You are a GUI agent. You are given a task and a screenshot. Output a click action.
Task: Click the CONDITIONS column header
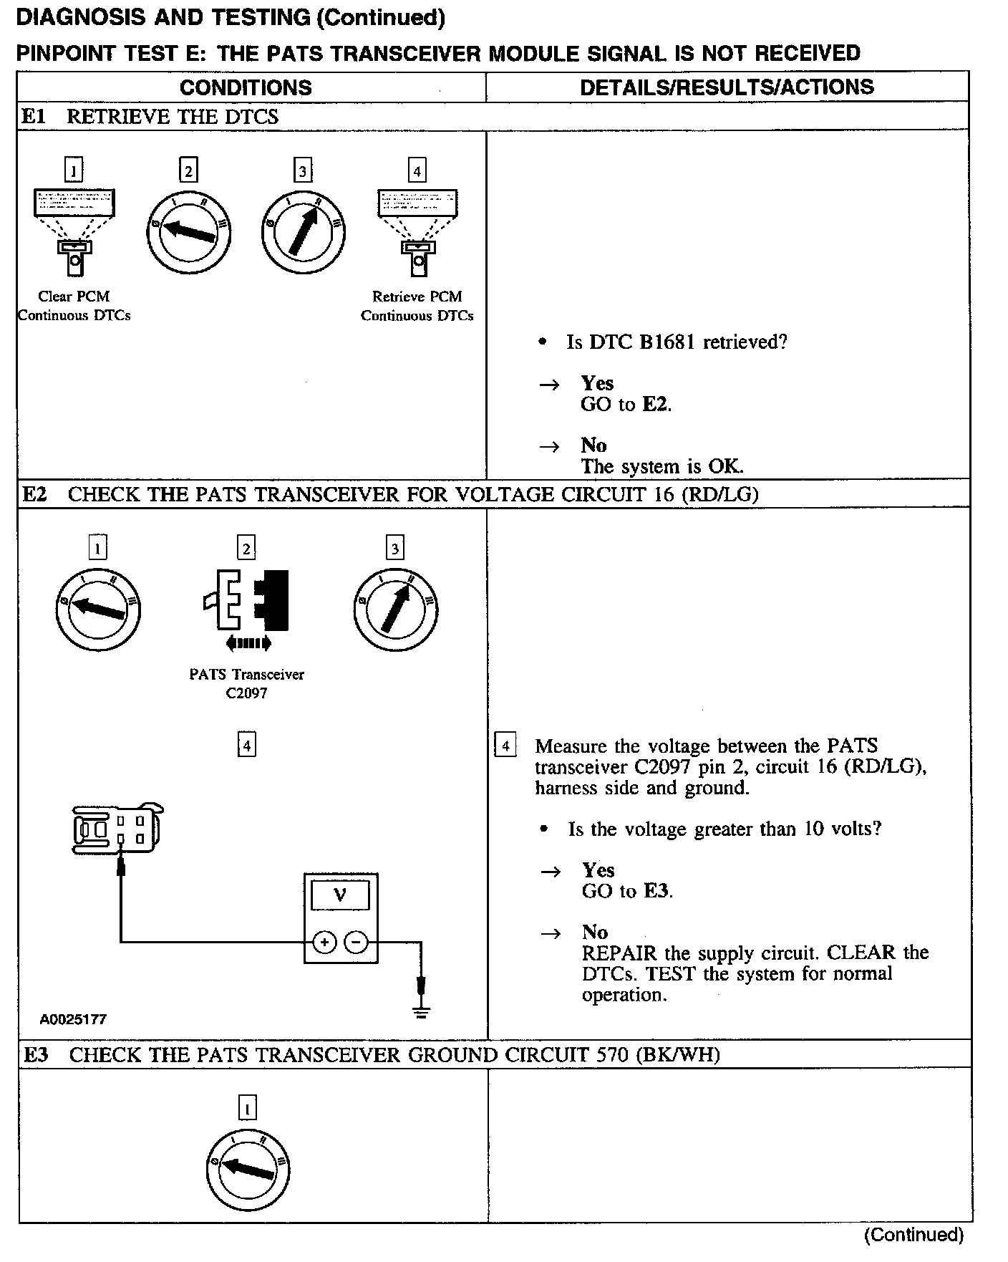pyautogui.click(x=246, y=87)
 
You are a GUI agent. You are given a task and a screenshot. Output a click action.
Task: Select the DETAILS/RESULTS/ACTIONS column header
pyautogui.click(x=727, y=87)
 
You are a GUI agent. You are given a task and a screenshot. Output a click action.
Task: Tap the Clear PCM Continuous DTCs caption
pyautogui.click(x=74, y=306)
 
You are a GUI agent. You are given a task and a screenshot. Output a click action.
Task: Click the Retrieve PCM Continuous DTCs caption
pyautogui.click(x=417, y=306)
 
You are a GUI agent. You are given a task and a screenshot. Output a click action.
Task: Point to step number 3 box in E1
pyautogui.click(x=303, y=171)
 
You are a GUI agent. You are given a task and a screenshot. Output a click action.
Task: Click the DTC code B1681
pyautogui.click(x=667, y=342)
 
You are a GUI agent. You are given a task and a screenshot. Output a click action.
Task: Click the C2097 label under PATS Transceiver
pyautogui.click(x=246, y=693)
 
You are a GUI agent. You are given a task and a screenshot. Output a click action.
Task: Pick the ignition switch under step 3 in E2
pyautogui.click(x=395, y=609)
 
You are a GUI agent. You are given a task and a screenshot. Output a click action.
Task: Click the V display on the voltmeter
pyautogui.click(x=340, y=895)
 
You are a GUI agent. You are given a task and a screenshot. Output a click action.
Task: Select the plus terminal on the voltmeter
pyautogui.click(x=324, y=942)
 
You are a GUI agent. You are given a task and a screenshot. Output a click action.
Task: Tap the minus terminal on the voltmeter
pyautogui.click(x=356, y=942)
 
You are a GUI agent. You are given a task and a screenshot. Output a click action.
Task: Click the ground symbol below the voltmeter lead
pyautogui.click(x=422, y=1011)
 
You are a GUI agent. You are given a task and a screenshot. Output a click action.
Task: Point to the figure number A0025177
pyautogui.click(x=73, y=1019)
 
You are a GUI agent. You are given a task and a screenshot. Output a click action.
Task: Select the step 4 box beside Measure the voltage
pyautogui.click(x=505, y=746)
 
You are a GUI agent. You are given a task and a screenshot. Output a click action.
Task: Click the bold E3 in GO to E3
pyautogui.click(x=656, y=891)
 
